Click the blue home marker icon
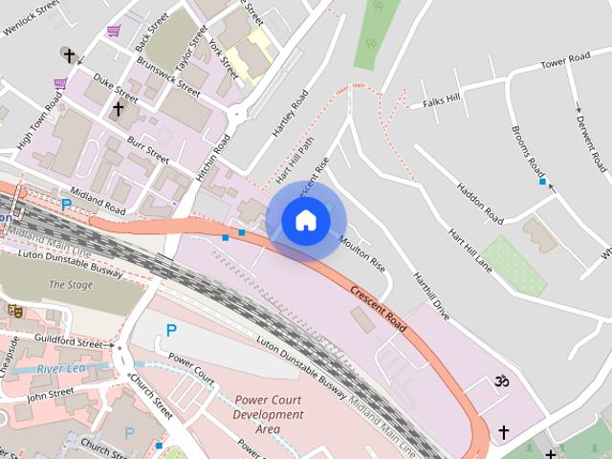pyautogui.click(x=305, y=221)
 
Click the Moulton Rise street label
pyautogui.click(x=361, y=251)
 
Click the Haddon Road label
pyautogui.click(x=480, y=202)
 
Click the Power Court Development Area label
pyautogui.click(x=269, y=415)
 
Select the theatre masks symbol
pyautogui.click(x=14, y=310)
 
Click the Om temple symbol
pyautogui.click(x=496, y=382)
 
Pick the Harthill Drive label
pyautogui.click(x=430, y=295)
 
